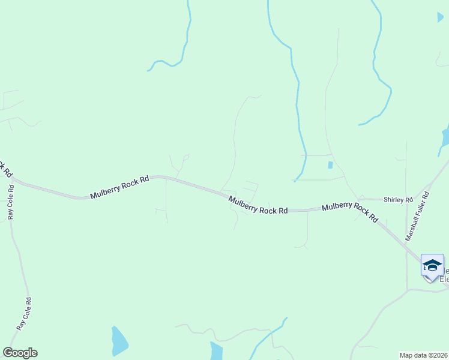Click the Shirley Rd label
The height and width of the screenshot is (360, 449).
click(399, 199)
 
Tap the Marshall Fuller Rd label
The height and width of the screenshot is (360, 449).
click(418, 216)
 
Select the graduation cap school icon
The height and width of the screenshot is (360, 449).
click(432, 265)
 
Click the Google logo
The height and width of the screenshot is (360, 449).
click(20, 353)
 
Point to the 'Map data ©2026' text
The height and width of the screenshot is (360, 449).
click(424, 355)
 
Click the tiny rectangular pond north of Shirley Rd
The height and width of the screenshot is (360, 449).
click(330, 164)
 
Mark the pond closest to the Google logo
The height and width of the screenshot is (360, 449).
click(119, 341)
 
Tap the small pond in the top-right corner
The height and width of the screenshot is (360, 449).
click(441, 17)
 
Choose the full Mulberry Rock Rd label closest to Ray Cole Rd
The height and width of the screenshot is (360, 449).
click(119, 187)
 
